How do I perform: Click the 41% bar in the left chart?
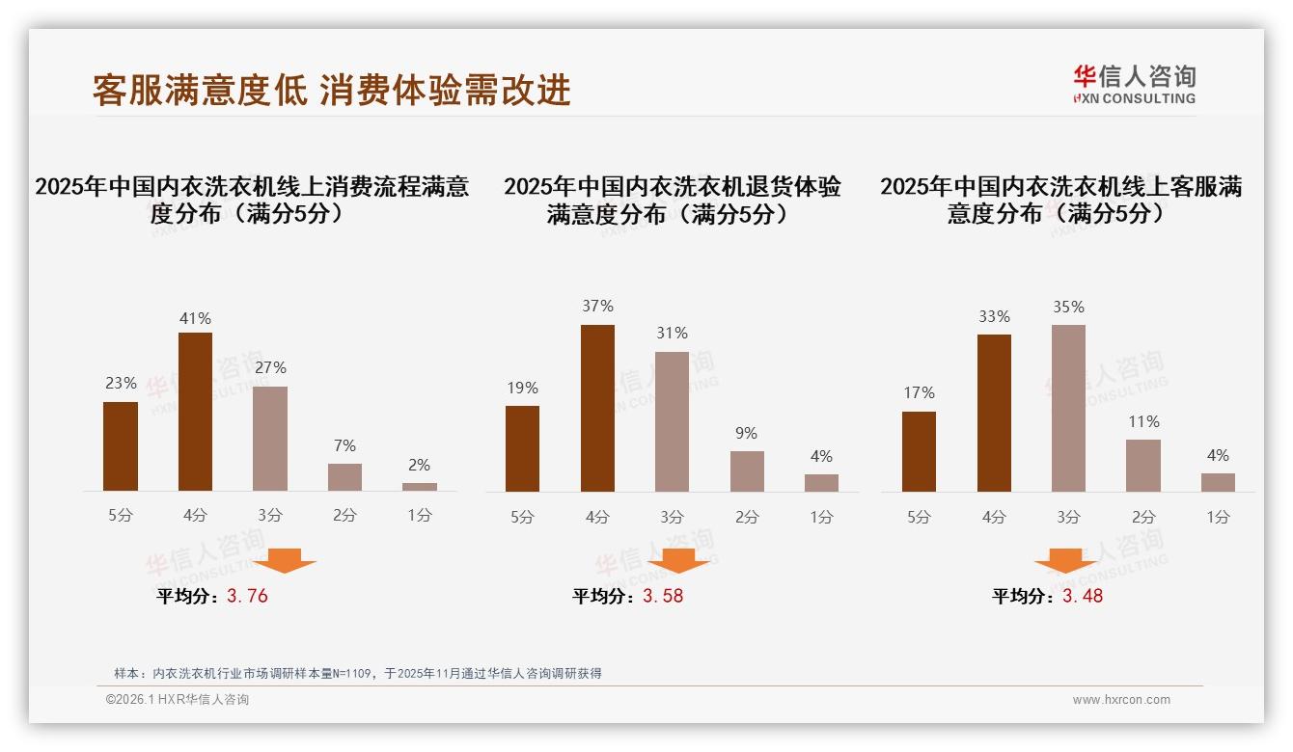[195, 412]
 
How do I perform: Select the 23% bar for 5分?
[121, 446]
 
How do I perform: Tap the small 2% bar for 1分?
[420, 487]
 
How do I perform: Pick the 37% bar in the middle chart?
[597, 408]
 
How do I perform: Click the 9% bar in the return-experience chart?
[747, 471]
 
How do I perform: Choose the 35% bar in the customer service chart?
[1068, 408]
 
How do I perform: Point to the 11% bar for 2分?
[1143, 466]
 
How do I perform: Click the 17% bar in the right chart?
[919, 451]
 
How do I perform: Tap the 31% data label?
[672, 334]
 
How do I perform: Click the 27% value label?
[270, 368]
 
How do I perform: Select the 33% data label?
[994, 317]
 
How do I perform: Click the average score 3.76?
[247, 596]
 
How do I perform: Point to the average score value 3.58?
[663, 596]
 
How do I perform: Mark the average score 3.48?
[1083, 596]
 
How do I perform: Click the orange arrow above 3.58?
[678, 560]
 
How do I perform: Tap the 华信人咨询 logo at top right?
[1134, 84]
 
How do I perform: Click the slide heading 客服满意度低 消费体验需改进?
[332, 90]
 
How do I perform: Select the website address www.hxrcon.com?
[1121, 700]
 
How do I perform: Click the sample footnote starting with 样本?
[357, 673]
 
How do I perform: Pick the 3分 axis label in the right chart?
[1068, 517]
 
